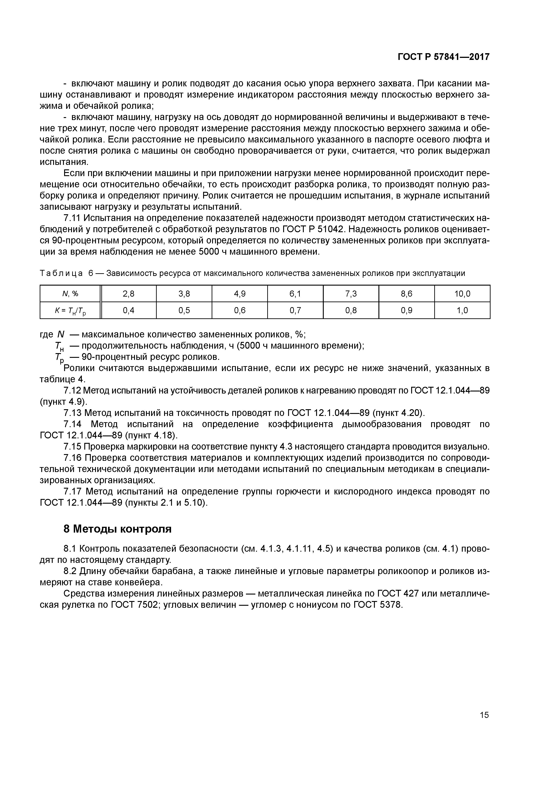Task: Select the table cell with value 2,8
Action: point(128,294)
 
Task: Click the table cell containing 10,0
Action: point(462,294)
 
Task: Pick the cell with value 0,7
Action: point(295,310)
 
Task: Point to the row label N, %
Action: point(70,294)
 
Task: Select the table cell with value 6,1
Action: point(295,294)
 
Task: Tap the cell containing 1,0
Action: point(462,310)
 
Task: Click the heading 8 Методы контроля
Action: point(117,529)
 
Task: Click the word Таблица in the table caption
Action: point(61,273)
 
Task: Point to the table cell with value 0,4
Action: point(128,310)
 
